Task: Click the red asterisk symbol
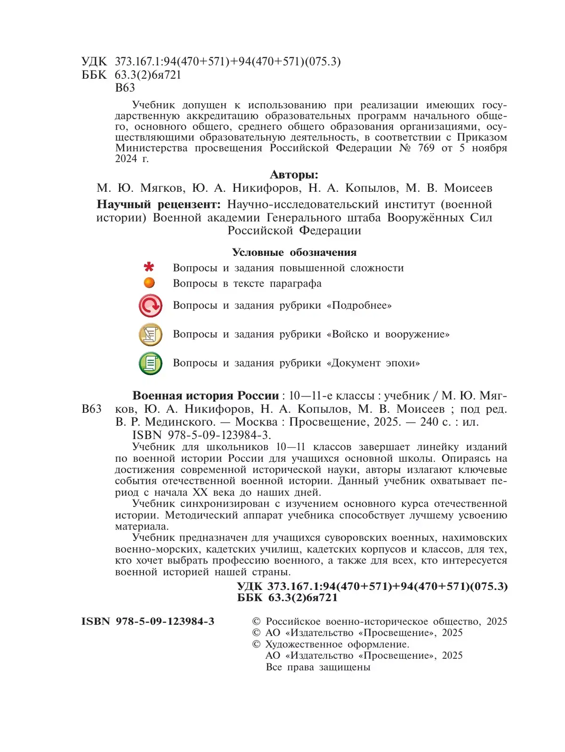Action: pyautogui.click(x=149, y=267)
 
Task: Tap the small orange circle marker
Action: pyautogui.click(x=149, y=283)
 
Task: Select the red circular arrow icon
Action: pyautogui.click(x=151, y=306)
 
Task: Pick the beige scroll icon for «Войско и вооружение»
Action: pyautogui.click(x=151, y=335)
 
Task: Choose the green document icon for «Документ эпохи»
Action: pyautogui.click(x=151, y=363)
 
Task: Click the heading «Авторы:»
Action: pyautogui.click(x=294, y=175)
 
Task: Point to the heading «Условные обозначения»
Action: pyautogui.click(x=294, y=253)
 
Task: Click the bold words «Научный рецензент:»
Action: pyautogui.click(x=159, y=204)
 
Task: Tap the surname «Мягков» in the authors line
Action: pyautogui.click(x=161, y=188)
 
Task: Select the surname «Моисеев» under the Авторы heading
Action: pyautogui.click(x=468, y=188)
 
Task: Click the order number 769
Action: pyautogui.click(x=426, y=148)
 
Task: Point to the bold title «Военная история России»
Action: pyautogui.click(x=206, y=396)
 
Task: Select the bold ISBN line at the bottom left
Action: pyautogui.click(x=148, y=621)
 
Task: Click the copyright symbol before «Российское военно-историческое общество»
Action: pyautogui.click(x=257, y=621)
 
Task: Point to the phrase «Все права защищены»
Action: pyautogui.click(x=318, y=667)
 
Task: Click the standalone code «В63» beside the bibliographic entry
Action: pyautogui.click(x=91, y=409)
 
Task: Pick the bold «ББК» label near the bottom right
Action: pyautogui.click(x=250, y=598)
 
